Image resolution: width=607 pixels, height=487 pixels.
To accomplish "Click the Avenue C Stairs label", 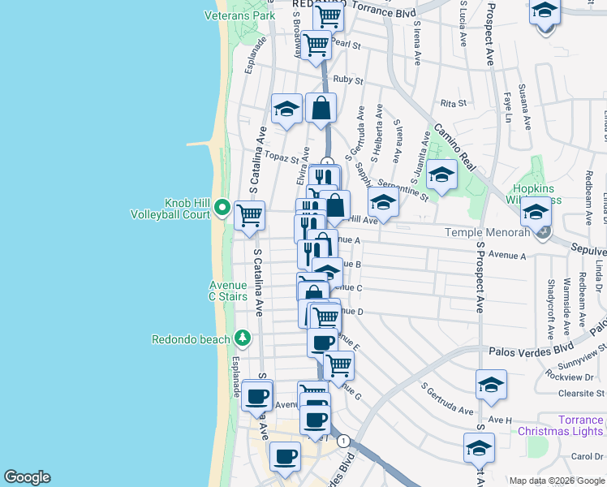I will click(228, 291).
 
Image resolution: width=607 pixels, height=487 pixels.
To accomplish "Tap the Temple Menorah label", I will click(487, 233).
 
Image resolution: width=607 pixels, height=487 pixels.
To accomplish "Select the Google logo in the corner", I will click(27, 477).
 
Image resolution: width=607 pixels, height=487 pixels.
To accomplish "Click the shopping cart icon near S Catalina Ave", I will click(249, 216).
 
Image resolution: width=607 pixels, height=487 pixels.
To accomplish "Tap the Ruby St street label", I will click(347, 80).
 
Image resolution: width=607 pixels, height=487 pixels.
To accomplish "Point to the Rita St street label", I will click(453, 103).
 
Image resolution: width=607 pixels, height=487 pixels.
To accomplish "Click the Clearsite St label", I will click(581, 394).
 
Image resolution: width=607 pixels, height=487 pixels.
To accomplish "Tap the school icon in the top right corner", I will click(545, 11).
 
